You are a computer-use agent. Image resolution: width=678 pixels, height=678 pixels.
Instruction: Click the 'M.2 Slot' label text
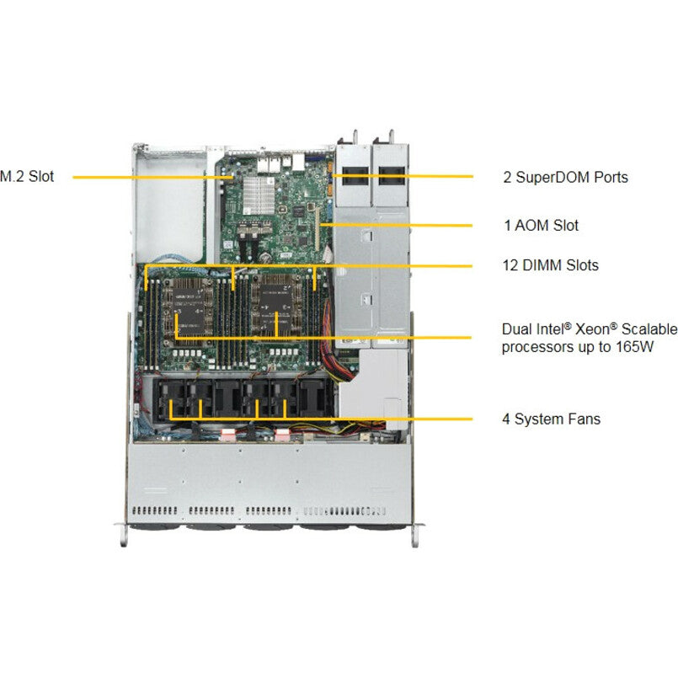[26, 177]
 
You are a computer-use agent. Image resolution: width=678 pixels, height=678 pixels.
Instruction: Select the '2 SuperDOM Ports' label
[564, 178]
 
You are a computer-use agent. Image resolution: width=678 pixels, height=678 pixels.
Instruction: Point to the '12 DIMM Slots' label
[550, 265]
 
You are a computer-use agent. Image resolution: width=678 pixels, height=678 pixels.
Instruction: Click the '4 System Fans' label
[551, 419]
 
